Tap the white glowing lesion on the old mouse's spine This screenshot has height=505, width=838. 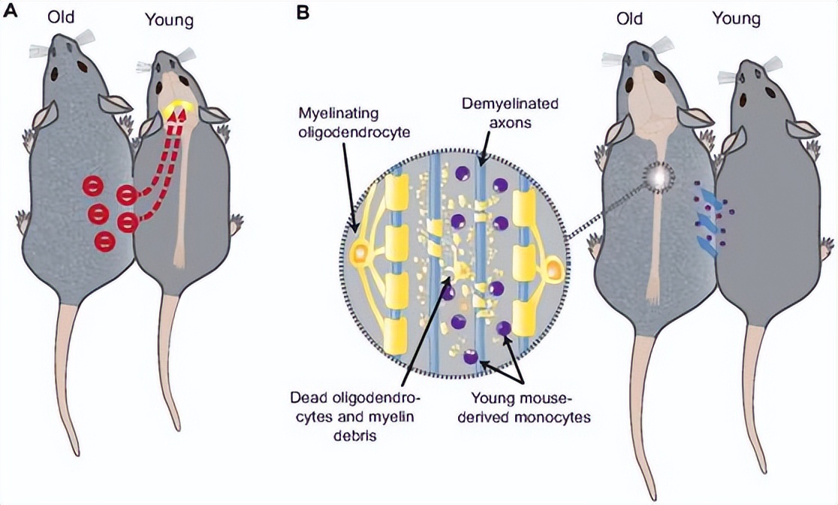click(659, 176)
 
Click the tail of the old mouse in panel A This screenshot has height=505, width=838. click(71, 391)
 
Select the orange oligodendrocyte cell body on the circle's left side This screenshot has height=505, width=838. click(360, 253)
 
